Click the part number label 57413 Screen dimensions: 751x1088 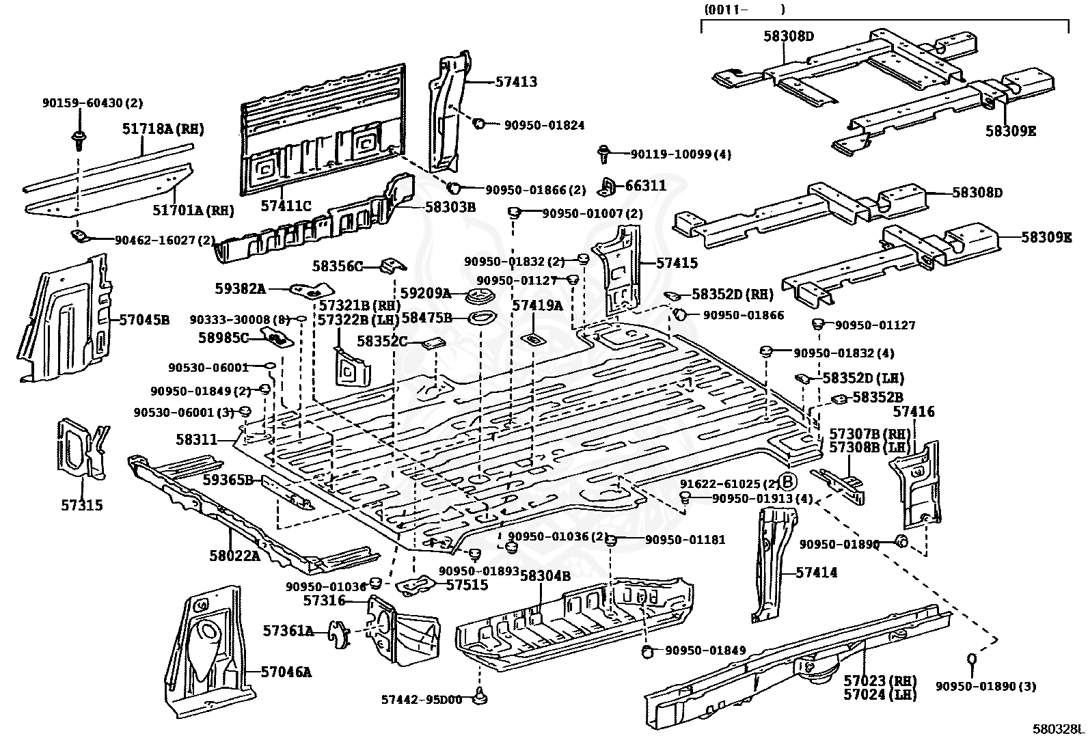click(516, 82)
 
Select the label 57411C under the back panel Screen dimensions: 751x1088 click(286, 205)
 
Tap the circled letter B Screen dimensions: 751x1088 click(788, 482)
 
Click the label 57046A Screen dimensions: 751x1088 click(286, 672)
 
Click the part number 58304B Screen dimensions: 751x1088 click(545, 576)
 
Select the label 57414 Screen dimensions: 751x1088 click(816, 573)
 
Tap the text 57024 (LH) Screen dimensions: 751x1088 click(880, 695)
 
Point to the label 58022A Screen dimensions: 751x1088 click(234, 556)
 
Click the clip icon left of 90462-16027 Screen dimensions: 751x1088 click(80, 236)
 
